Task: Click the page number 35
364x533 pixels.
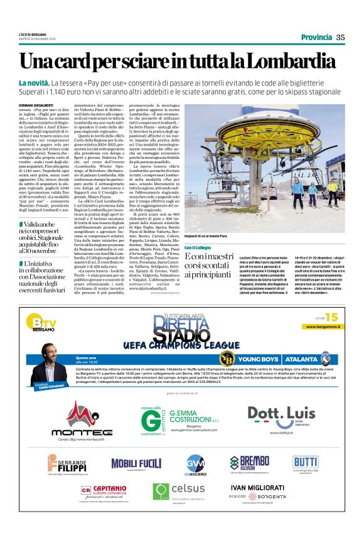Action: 341,37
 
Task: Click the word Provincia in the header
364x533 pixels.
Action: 316,37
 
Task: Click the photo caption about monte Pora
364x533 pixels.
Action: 208,236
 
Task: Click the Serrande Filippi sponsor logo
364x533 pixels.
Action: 66,465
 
